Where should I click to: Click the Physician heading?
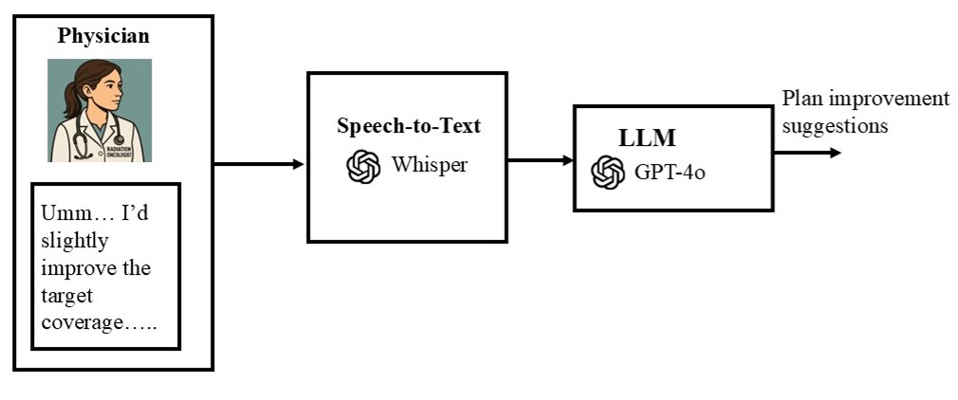103,35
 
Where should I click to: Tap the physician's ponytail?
71,98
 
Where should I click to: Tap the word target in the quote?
66,297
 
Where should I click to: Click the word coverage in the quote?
83,323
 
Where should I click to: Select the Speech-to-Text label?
409,126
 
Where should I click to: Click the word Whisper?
430,165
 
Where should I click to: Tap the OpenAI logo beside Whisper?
363,166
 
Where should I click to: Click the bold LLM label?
647,138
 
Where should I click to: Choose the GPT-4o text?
670,173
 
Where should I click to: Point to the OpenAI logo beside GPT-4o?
608,173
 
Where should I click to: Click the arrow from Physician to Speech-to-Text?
259,164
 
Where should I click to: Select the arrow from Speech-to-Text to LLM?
541,160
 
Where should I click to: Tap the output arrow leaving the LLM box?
808,153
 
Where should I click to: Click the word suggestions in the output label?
836,126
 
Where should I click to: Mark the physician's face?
105,96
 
